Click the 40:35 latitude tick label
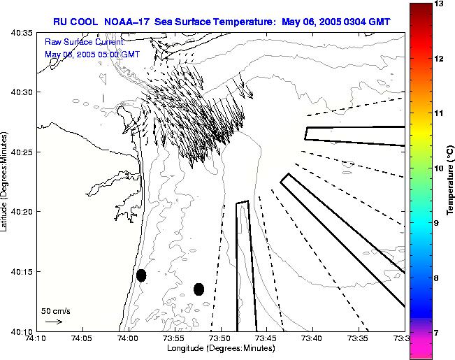coord(22,33)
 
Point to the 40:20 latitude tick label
coord(22,212)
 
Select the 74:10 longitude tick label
coord(36,338)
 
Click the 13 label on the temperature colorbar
coord(440,3)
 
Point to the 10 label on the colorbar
coord(440,168)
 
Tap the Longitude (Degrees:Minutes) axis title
coord(220,348)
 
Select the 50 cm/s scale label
coord(56,310)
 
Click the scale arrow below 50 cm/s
coord(53,322)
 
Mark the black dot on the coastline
coord(141,275)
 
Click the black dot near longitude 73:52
coord(198,289)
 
